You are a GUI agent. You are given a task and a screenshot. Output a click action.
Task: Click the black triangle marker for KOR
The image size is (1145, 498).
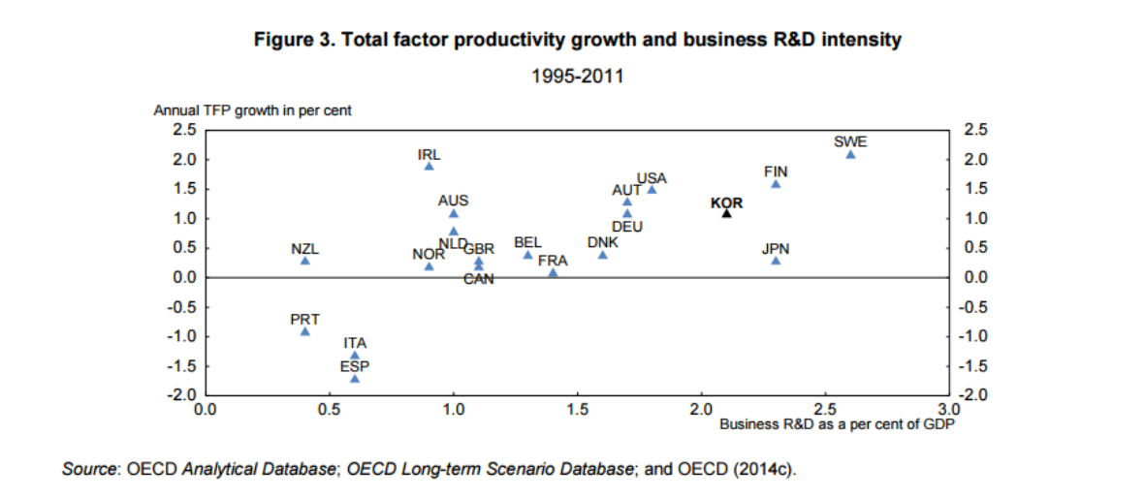tap(726, 212)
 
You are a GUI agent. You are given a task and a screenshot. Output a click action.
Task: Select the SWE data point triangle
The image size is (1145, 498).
tap(850, 155)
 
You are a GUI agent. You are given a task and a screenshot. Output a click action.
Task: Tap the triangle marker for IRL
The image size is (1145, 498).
tap(429, 167)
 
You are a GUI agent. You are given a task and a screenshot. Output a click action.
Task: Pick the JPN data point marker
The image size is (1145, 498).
tap(776, 260)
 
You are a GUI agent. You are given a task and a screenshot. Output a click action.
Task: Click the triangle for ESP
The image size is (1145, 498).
tap(354, 378)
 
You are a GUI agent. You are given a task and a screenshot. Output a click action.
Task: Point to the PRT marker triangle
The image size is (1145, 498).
tap(304, 331)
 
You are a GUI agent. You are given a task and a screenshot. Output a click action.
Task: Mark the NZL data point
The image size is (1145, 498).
tap(304, 260)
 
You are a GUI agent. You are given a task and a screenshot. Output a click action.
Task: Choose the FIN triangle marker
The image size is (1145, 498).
tap(776, 183)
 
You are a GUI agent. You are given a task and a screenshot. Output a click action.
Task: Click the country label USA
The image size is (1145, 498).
tap(652, 178)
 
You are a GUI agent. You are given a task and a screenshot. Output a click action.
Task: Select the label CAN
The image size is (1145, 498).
tap(479, 279)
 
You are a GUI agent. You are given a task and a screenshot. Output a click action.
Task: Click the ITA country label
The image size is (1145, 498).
tap(355, 343)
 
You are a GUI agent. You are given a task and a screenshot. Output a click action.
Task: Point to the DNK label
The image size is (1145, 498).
tap(602, 241)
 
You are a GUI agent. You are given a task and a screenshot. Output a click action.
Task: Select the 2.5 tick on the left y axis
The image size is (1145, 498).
tap(184, 130)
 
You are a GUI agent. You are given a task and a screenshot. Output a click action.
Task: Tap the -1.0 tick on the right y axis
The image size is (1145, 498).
tap(972, 336)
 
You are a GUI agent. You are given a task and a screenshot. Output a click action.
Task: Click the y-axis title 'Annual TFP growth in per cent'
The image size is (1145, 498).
tap(252, 110)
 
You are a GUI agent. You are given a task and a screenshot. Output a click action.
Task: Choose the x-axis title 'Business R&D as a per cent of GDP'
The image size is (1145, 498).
tap(838, 423)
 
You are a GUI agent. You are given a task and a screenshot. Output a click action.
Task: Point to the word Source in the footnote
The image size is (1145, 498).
tap(89, 470)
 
